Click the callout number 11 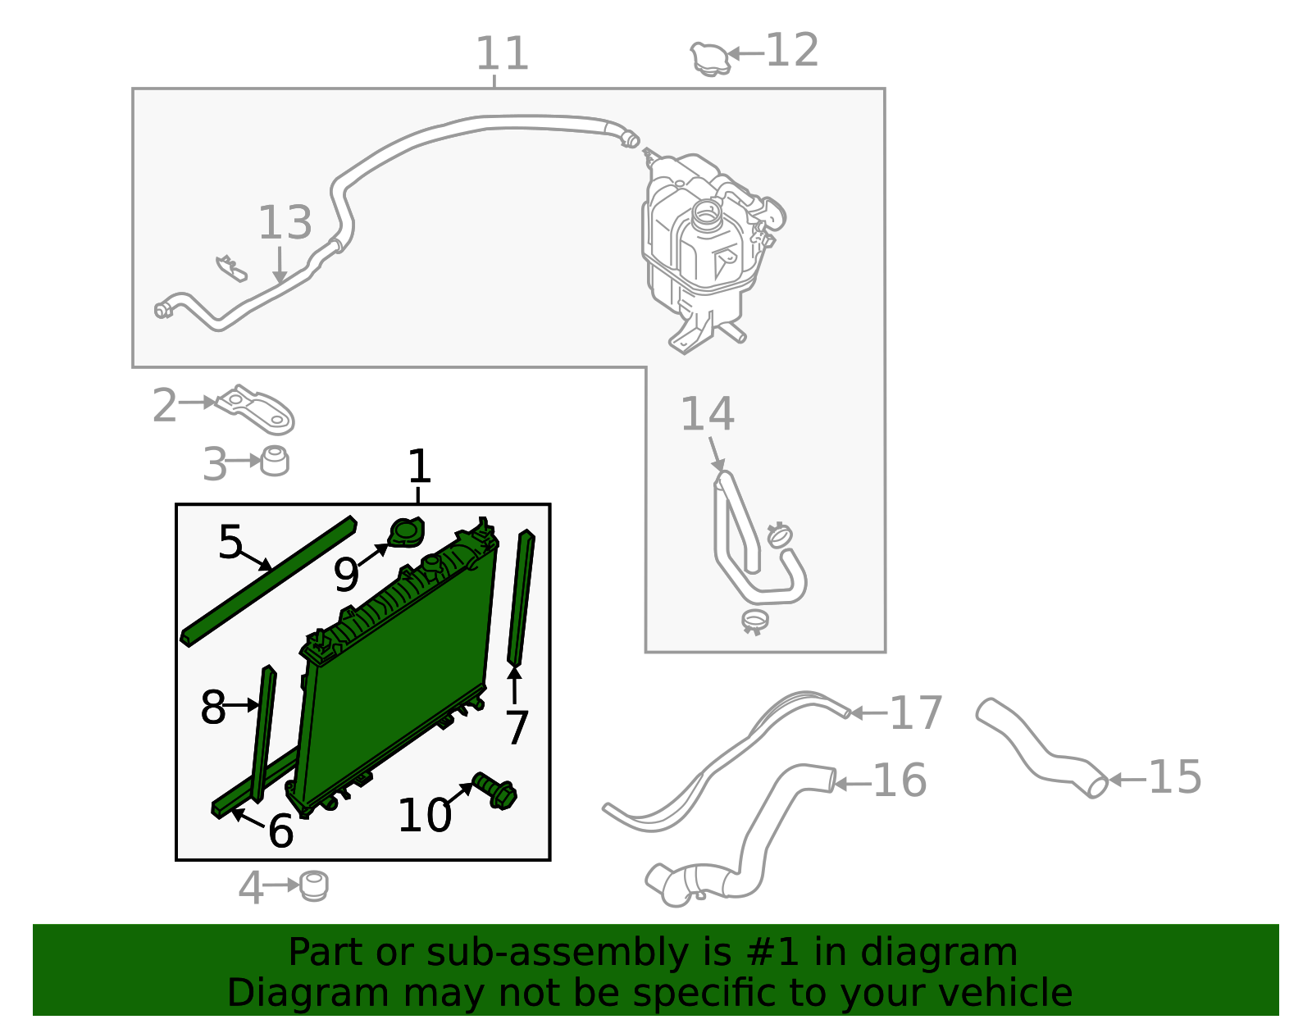[x=502, y=53]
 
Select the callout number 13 [x=285, y=222]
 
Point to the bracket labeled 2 [x=255, y=410]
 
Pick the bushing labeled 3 [x=275, y=461]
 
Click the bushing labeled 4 [x=314, y=886]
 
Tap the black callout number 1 [x=420, y=466]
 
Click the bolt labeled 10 [x=494, y=790]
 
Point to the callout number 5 [x=230, y=541]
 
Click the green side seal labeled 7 [x=521, y=598]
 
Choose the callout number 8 [x=212, y=708]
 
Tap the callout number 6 [x=280, y=831]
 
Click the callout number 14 [x=707, y=414]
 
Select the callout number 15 [x=1175, y=776]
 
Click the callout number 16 [x=900, y=781]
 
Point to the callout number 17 [x=916, y=712]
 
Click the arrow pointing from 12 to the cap [x=746, y=54]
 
